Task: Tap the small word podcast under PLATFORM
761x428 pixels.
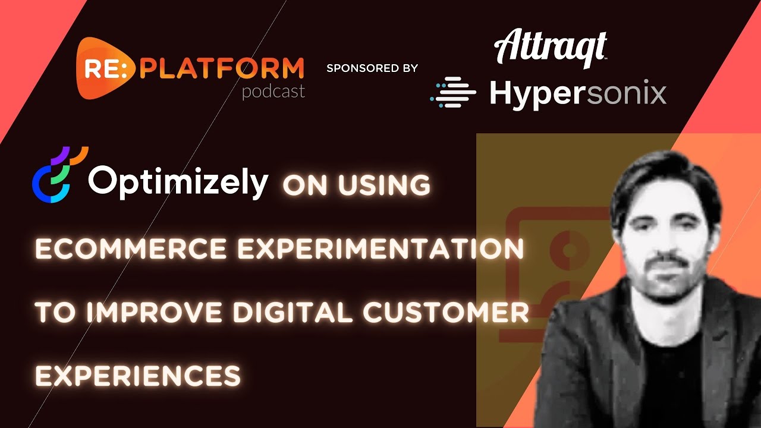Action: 273,92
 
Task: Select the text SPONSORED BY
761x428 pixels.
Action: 372,68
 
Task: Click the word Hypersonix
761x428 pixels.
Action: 577,93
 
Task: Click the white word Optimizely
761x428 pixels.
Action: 178,181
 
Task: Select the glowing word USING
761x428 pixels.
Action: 384,186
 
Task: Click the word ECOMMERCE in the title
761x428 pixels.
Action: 131,250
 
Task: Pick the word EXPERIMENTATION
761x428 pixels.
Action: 380,250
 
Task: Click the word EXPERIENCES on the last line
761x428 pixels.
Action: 138,375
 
